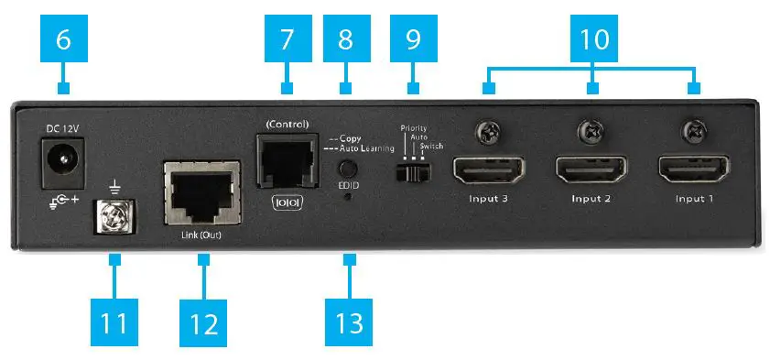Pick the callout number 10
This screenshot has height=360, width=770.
[x=593, y=39]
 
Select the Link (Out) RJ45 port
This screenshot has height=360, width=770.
[x=201, y=195]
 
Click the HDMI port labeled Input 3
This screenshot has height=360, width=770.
[x=489, y=170]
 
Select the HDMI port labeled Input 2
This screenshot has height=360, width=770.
[x=592, y=171]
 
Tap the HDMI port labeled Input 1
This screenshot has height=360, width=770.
[x=693, y=171]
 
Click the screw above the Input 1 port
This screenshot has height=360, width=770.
[x=694, y=134]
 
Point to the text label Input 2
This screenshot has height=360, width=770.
[x=591, y=198]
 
